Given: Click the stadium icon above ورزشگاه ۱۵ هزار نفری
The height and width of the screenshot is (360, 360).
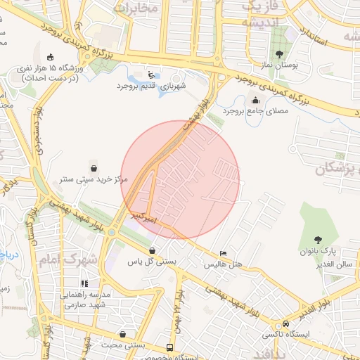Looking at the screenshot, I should pyautogui.click(x=49, y=57).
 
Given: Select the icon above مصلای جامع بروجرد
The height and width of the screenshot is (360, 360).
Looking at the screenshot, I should pyautogui.click(x=255, y=100).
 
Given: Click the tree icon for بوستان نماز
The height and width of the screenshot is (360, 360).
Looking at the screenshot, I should pyautogui.click(x=280, y=54).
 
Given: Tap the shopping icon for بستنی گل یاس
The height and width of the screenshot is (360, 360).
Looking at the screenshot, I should pyautogui.click(x=152, y=250).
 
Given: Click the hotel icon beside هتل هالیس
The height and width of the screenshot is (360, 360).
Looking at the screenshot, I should pyautogui.click(x=223, y=254).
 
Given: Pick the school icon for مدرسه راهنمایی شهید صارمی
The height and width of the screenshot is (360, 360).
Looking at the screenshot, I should pyautogui.click(x=84, y=283).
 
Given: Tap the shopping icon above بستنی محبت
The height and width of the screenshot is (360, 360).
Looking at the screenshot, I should pyautogui.click(x=124, y=334).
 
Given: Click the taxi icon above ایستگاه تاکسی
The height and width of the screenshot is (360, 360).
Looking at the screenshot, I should pyautogui.click(x=285, y=323).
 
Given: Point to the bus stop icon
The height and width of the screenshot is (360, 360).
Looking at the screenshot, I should pyautogui.click(x=169, y=347).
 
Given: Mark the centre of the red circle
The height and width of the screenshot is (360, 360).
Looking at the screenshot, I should pyautogui.click(x=181, y=180).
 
